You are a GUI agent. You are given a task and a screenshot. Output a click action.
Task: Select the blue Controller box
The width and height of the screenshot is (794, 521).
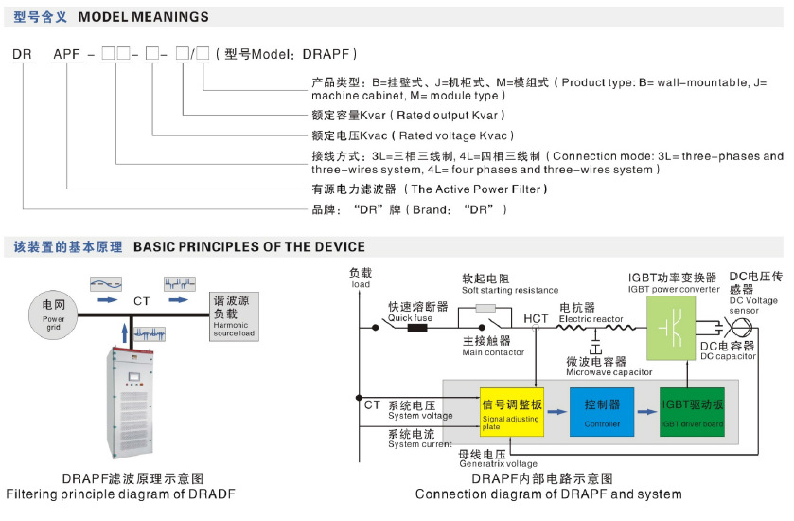[602, 410]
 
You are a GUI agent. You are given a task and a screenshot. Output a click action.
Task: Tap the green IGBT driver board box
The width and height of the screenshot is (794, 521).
[692, 410]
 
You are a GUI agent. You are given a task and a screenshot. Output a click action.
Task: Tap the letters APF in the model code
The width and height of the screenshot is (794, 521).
[66, 55]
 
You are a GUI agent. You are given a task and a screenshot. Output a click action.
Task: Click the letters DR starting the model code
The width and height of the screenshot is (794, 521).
[22, 55]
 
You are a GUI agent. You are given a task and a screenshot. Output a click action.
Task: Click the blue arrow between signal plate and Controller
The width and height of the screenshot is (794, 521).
[556, 412]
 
